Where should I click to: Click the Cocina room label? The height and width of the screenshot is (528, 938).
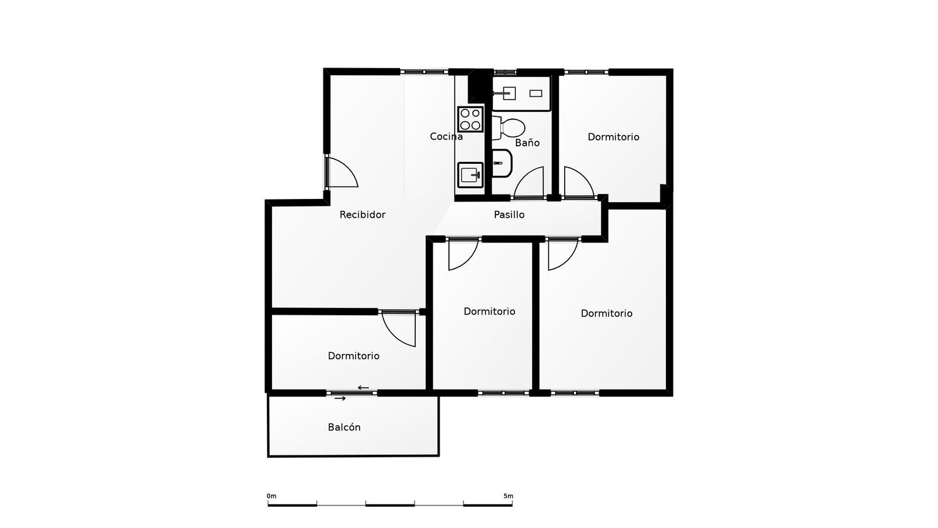pyautogui.click(x=446, y=136)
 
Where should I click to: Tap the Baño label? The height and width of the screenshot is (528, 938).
pyautogui.click(x=527, y=143)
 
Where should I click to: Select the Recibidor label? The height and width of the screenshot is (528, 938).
pyautogui.click(x=362, y=215)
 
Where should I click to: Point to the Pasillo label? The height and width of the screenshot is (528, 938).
pyautogui.click(x=509, y=215)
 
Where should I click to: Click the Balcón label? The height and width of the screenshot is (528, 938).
pyautogui.click(x=344, y=427)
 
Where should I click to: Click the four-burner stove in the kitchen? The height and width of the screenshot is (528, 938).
pyautogui.click(x=470, y=119)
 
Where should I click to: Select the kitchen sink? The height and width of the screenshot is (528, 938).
pyautogui.click(x=470, y=175)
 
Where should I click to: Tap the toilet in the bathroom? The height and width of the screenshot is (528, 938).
pyautogui.click(x=508, y=128)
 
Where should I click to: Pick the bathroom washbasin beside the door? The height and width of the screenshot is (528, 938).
pyautogui.click(x=502, y=163)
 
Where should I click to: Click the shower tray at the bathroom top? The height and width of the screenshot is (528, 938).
pyautogui.click(x=521, y=93)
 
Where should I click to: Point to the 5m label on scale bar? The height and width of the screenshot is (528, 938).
pyautogui.click(x=508, y=496)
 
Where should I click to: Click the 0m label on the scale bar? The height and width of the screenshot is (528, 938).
pyautogui.click(x=271, y=496)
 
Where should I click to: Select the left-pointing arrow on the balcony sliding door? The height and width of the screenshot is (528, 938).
pyautogui.click(x=363, y=388)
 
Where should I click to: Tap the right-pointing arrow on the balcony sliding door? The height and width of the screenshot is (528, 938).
pyautogui.click(x=340, y=399)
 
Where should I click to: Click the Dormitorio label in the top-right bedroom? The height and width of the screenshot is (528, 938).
pyautogui.click(x=613, y=136)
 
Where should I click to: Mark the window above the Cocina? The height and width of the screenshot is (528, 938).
pyautogui.click(x=424, y=72)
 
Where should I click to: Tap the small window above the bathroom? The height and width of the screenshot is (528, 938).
pyautogui.click(x=505, y=72)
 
